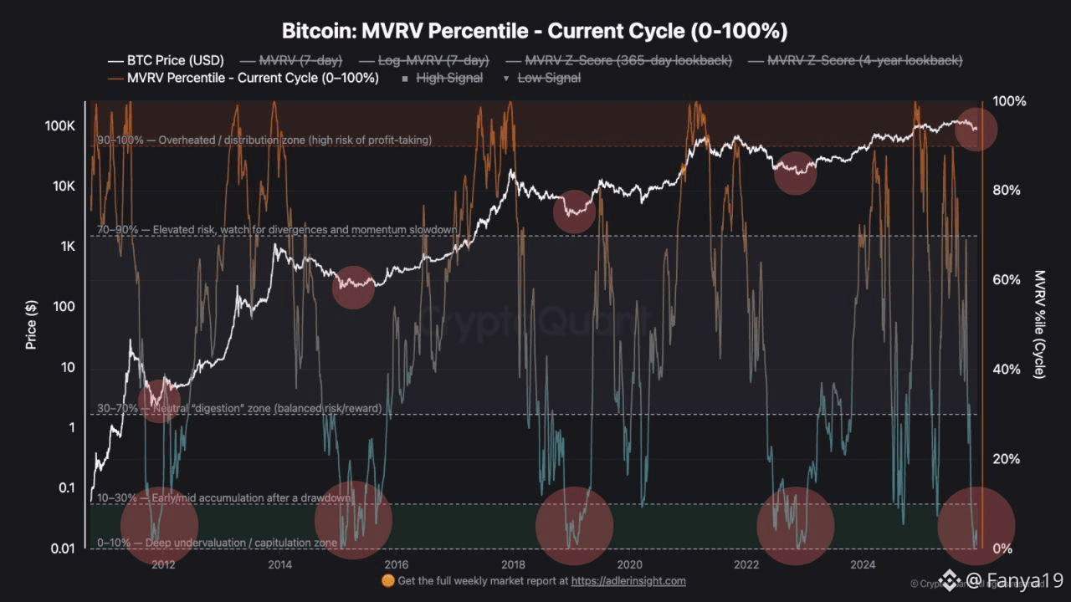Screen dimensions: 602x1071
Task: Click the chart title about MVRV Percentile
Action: (535, 32)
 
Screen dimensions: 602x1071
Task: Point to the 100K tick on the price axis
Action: (60, 126)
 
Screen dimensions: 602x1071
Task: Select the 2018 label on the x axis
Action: (513, 564)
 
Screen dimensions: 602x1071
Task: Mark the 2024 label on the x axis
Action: (863, 564)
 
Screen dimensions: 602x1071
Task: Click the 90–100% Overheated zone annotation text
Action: (264, 140)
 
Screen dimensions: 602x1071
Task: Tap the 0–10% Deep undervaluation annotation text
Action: (218, 543)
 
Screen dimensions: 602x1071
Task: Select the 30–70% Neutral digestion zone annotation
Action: (239, 408)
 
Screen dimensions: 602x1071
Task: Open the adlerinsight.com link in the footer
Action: (628, 580)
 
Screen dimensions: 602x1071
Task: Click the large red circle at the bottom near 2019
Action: (574, 525)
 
